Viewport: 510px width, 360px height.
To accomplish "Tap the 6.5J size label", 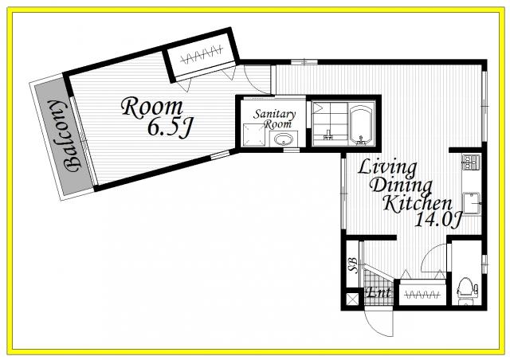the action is pos(170,127).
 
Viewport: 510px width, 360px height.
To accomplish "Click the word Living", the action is pos(387,167).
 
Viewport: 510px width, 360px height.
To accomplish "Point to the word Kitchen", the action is pos(418,203).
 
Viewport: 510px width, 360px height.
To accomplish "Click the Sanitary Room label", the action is pos(274,119).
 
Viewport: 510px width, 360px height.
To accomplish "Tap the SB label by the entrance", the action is pos(353,264).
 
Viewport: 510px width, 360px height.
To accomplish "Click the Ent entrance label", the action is pos(379,292).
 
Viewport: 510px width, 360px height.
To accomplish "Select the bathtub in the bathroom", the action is pos(361,125).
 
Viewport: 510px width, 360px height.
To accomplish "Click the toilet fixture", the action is pos(466,290).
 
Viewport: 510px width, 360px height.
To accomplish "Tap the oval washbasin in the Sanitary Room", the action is pos(284,139).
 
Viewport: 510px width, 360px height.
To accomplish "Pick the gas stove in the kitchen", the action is pos(471,162).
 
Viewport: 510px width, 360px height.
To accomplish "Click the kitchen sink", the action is pos(471,203).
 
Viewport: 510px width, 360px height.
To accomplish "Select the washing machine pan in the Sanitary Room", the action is pos(253,135).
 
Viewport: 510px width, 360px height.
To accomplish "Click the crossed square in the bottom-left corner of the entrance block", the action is pos(351,299).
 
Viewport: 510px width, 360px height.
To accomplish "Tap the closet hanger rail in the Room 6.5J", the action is pos(202,55).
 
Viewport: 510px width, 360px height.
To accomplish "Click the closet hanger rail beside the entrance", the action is pos(422,295).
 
